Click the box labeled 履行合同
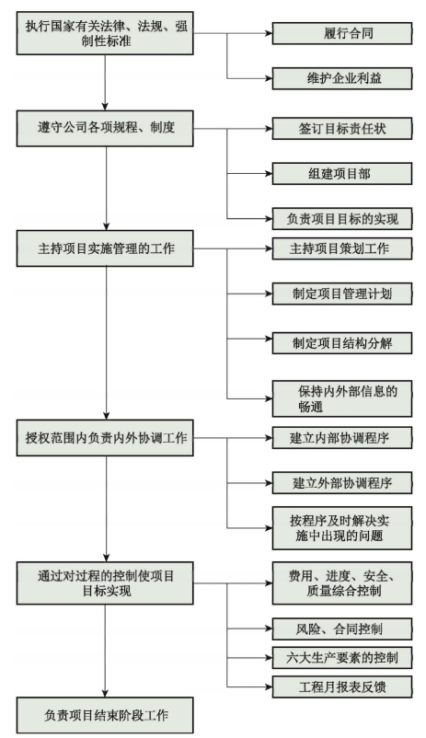[x=342, y=33]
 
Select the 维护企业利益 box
[x=342, y=78]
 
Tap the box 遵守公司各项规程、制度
[x=105, y=128]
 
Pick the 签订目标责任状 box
[x=342, y=129]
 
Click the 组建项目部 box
[x=342, y=174]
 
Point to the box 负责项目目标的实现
[x=342, y=219]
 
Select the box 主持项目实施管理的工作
[x=105, y=248]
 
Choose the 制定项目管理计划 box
[x=342, y=294]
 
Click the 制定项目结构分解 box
[x=342, y=343]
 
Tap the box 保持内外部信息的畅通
[x=342, y=398]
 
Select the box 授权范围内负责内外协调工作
[x=105, y=438]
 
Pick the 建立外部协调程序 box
[x=342, y=483]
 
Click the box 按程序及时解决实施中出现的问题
[x=342, y=528]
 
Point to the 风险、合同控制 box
[x=342, y=628]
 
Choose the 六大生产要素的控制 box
[x=342, y=658]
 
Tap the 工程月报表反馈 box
[x=342, y=686]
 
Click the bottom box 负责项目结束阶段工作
[x=105, y=715]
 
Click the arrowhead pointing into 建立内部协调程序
[x=269, y=438]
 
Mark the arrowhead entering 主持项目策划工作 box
[x=269, y=248]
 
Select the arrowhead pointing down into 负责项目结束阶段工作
[x=105, y=693]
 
